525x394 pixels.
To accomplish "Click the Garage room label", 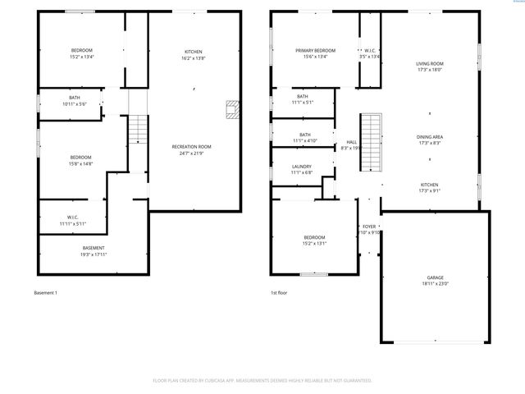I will [435, 277].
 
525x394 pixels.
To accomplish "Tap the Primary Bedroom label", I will [315, 50].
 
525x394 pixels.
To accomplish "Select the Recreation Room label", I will [191, 146].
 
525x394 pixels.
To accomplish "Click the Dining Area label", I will [429, 136].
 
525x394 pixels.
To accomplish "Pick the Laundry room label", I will [302, 167].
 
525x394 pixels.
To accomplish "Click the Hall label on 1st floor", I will [351, 142].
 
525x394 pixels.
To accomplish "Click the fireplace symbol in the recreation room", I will [234, 110].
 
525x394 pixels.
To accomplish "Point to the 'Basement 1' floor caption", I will [45, 292].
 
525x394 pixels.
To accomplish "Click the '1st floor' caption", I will [279, 292].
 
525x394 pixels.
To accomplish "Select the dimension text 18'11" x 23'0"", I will [435, 283].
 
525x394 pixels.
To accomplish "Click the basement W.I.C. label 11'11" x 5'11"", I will [72, 223].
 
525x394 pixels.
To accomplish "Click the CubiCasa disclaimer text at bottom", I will [262, 380].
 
